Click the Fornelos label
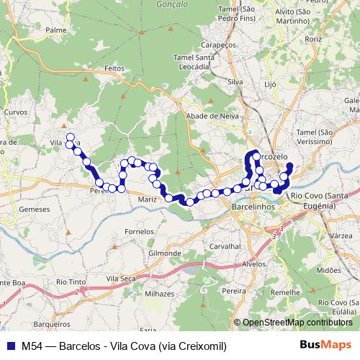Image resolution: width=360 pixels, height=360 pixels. pyautogui.click(x=140, y=232)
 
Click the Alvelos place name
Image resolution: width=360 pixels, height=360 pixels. pyautogui.click(x=254, y=264)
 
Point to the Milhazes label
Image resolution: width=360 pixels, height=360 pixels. pyautogui.click(x=159, y=294)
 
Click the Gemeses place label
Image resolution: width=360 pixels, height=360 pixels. pyautogui.click(x=35, y=209)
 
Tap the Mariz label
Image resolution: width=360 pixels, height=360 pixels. pyautogui.click(x=148, y=198)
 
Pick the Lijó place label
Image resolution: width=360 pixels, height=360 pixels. pyautogui.click(x=271, y=84)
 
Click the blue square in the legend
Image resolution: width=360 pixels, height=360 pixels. pyautogui.click(x=12, y=345)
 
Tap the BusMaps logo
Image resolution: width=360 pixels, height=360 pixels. pyautogui.click(x=325, y=345)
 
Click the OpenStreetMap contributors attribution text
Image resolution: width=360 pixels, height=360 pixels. pyautogui.click(x=297, y=323)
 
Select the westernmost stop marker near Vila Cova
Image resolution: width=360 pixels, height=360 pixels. pyautogui.click(x=70, y=136)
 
